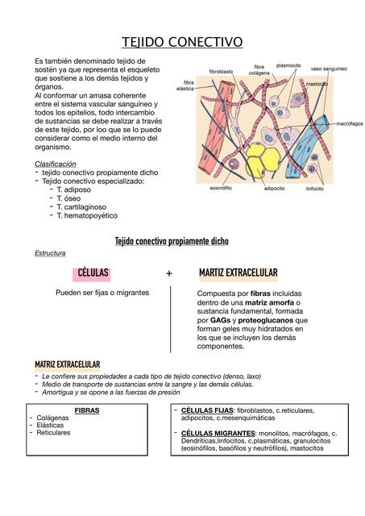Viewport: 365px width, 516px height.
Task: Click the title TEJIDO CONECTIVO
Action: pyautogui.click(x=182, y=42)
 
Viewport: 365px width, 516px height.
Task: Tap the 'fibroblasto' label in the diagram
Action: pyautogui.click(x=221, y=72)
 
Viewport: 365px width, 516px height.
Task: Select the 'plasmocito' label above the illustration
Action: pyautogui.click(x=288, y=65)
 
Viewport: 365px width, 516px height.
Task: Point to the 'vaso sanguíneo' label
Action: pyautogui.click(x=329, y=69)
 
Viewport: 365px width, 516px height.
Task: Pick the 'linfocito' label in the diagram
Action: pyautogui.click(x=315, y=189)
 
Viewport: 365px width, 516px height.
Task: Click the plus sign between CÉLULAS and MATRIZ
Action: pyautogui.click(x=169, y=273)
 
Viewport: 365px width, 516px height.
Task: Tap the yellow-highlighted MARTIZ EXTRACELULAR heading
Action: pyautogui.click(x=238, y=273)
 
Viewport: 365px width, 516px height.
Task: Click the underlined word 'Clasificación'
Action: pyautogui.click(x=55, y=164)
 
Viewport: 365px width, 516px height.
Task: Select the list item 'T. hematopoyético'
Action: pyautogui.click(x=87, y=215)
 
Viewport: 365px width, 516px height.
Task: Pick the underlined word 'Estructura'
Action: pyautogui.click(x=50, y=253)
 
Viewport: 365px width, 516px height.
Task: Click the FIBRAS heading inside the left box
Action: pyautogui.click(x=87, y=410)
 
